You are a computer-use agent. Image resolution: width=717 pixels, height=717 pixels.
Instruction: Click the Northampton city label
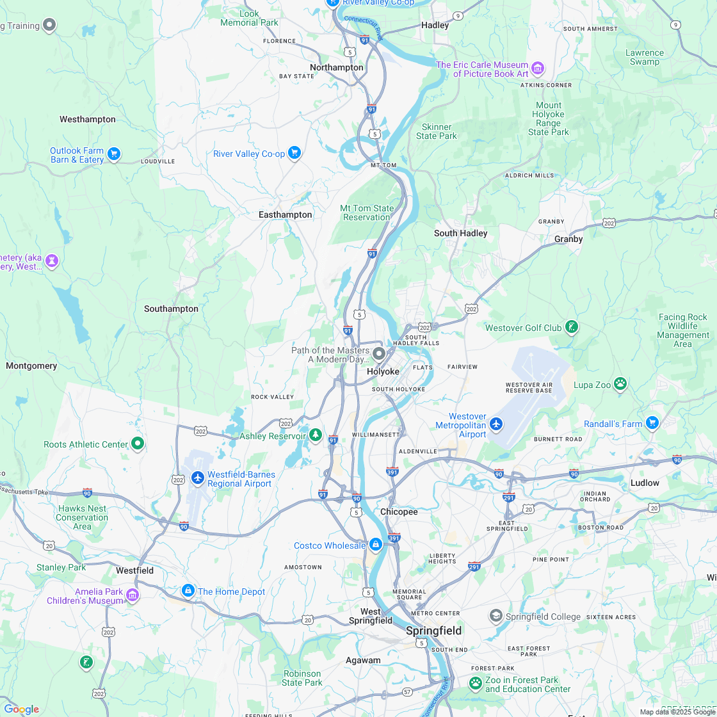coord(336,67)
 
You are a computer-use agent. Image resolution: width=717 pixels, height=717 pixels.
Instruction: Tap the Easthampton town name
coord(285,214)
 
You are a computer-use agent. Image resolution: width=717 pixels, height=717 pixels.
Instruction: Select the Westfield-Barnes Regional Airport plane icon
coord(198,478)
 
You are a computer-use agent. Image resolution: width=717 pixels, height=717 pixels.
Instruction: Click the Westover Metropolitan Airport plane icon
coord(496,424)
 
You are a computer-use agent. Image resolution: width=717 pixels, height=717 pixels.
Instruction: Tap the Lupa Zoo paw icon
coord(620,383)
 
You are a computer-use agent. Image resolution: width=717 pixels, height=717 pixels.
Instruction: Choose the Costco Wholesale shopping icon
coord(376,545)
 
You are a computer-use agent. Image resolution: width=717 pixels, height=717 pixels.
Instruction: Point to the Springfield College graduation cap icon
coord(495,616)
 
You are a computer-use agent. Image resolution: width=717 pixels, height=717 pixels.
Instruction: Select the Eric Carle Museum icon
coord(538,68)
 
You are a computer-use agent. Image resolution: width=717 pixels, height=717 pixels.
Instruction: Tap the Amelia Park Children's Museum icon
coord(133,595)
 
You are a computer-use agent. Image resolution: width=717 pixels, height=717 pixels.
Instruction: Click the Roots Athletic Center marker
coord(137,444)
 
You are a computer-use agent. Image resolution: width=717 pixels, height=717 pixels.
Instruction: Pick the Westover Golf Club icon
coord(572,328)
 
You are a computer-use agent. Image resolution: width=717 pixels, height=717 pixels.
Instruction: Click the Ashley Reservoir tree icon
coord(315,435)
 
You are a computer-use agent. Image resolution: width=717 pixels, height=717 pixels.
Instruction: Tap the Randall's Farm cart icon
coord(652,423)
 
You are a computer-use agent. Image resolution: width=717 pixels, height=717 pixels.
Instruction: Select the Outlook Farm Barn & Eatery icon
coord(114,154)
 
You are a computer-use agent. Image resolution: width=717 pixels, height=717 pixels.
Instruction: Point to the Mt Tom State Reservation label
coord(367,213)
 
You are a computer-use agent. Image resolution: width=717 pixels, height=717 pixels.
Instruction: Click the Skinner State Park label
coord(437,131)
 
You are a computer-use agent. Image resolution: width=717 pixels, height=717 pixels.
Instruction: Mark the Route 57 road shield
coord(407,692)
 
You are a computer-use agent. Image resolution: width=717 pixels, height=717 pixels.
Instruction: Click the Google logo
coord(21,709)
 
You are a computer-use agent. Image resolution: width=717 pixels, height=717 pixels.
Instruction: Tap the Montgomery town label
coord(31,366)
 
